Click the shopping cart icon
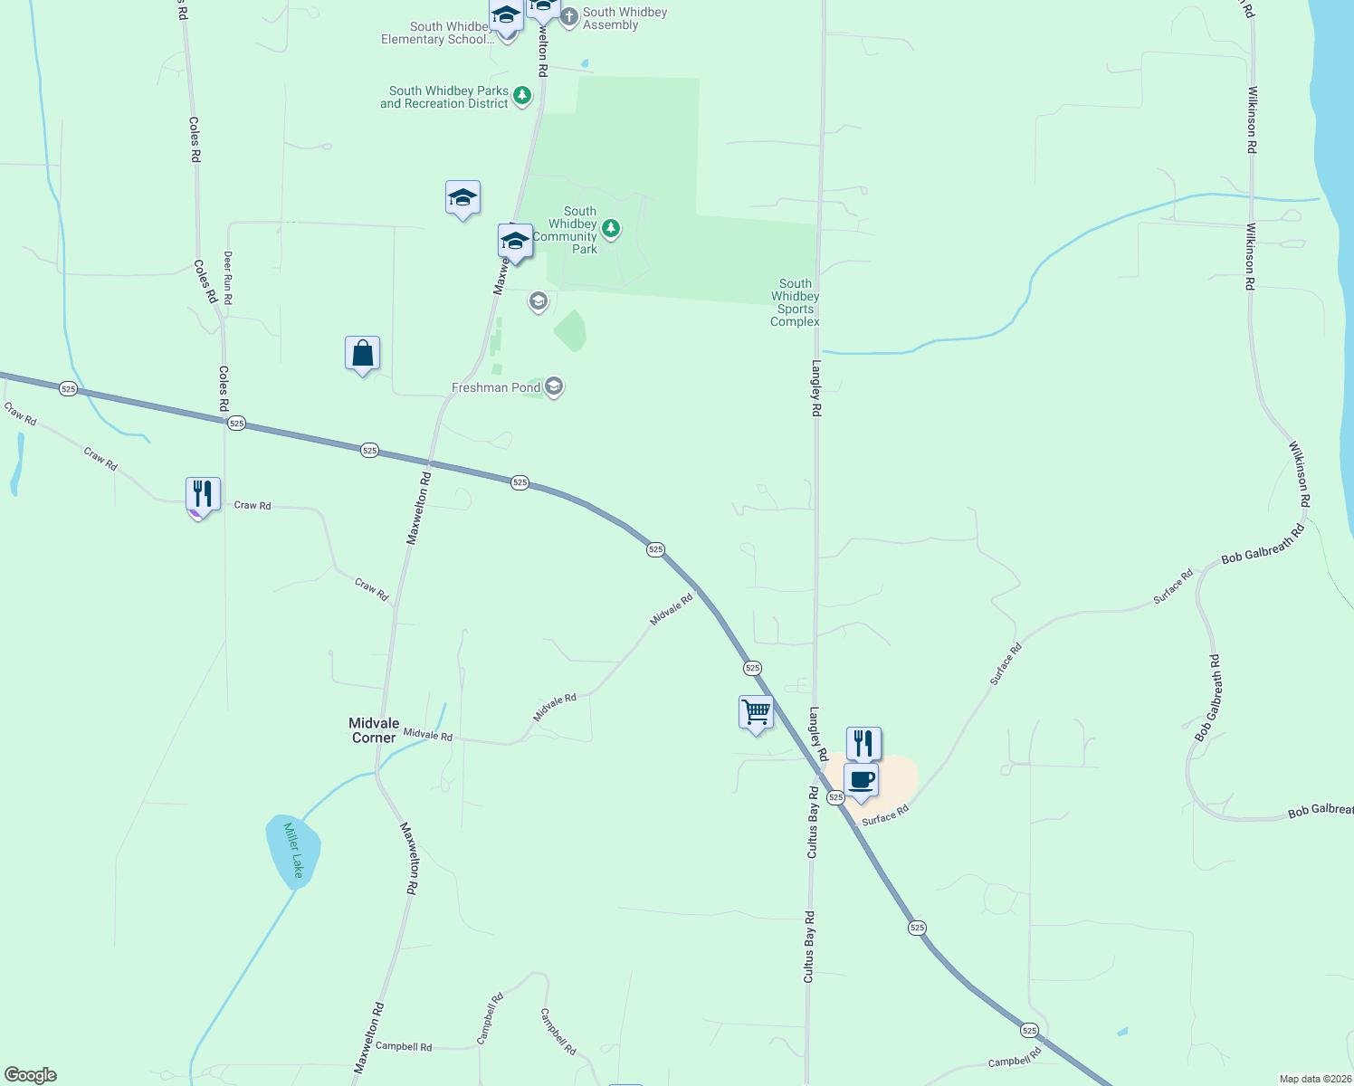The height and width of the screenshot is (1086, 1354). coord(756,712)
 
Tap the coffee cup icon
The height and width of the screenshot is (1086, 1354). coord(861,780)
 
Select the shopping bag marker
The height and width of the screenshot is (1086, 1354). coord(362,354)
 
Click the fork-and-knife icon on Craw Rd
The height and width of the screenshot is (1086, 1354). coord(203,494)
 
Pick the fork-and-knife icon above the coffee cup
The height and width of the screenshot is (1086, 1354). coord(863,744)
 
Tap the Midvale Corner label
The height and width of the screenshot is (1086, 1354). coord(374,730)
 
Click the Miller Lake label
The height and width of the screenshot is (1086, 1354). coord(293,850)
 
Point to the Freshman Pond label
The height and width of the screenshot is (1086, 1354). coord(496,387)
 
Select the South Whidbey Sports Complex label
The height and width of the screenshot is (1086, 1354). coord(795,302)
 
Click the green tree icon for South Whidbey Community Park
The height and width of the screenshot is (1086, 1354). coord(611,227)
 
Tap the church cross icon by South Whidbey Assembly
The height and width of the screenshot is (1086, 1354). coord(569,17)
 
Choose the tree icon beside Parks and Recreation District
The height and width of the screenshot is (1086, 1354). coord(522,95)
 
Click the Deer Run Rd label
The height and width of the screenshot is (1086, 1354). coord(228,277)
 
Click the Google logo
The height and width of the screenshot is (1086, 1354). coord(31,1074)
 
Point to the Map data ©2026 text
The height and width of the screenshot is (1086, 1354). coord(1313,1079)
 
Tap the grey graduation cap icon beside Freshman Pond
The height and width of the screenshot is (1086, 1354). coord(554,387)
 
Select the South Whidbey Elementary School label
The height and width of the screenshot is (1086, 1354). coord(437,33)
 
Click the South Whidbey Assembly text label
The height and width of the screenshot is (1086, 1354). coord(625,18)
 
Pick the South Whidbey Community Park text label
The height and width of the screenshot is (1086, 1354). coord(572,230)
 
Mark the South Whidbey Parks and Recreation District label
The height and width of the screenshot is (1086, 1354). coord(444,97)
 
